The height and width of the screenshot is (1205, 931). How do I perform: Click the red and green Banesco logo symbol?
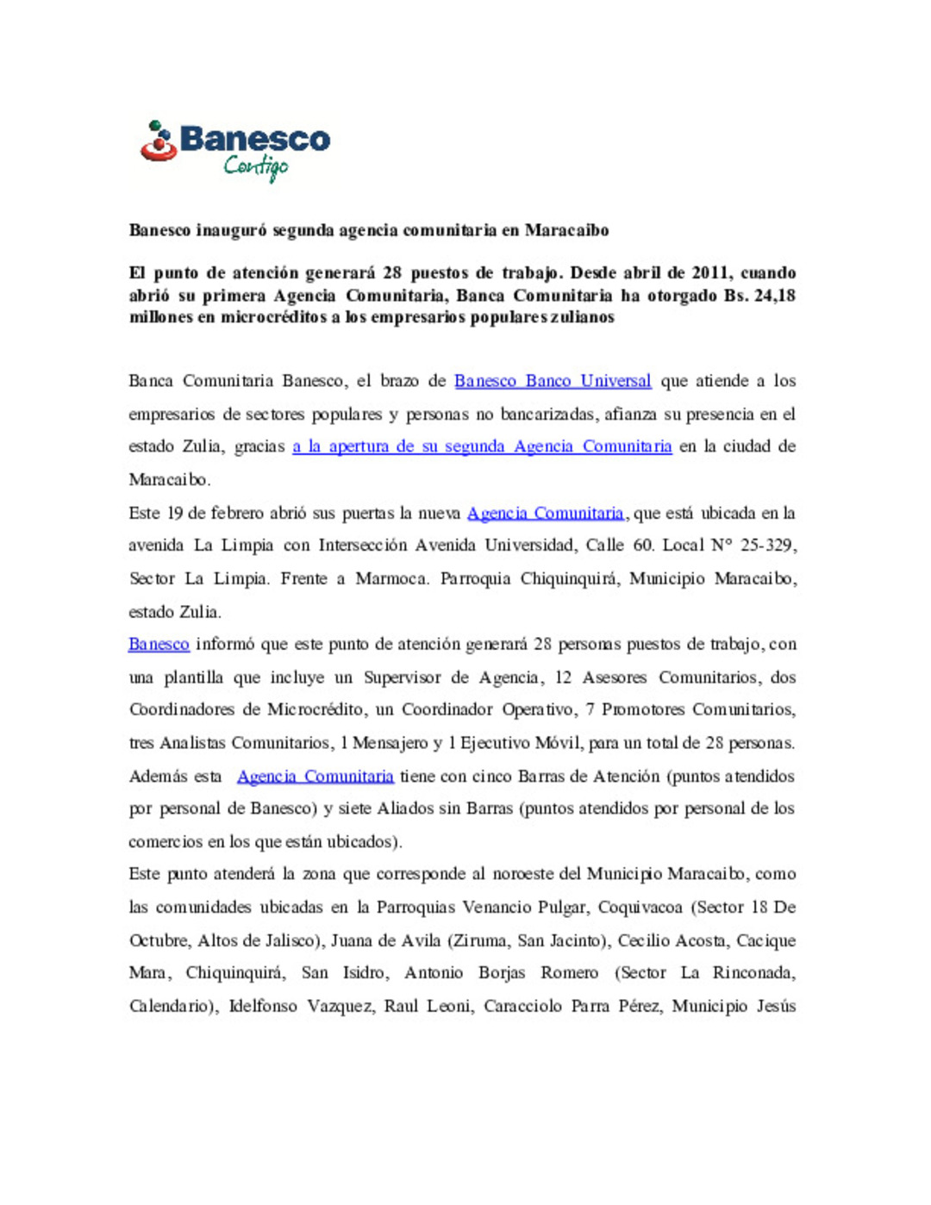pos(159,142)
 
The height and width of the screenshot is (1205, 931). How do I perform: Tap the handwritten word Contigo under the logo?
pos(256,166)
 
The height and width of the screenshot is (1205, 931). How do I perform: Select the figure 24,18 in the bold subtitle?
pos(772,296)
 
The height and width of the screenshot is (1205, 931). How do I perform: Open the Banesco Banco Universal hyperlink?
pos(553,381)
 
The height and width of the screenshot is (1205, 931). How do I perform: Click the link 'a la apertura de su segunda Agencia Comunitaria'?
pos(482,446)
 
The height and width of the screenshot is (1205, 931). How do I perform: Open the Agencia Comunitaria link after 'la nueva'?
pos(545,513)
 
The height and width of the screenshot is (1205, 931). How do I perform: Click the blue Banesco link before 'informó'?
pos(159,644)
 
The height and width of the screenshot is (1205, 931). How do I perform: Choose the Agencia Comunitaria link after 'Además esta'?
pos(316,776)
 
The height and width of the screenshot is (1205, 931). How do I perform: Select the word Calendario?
pos(171,1006)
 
